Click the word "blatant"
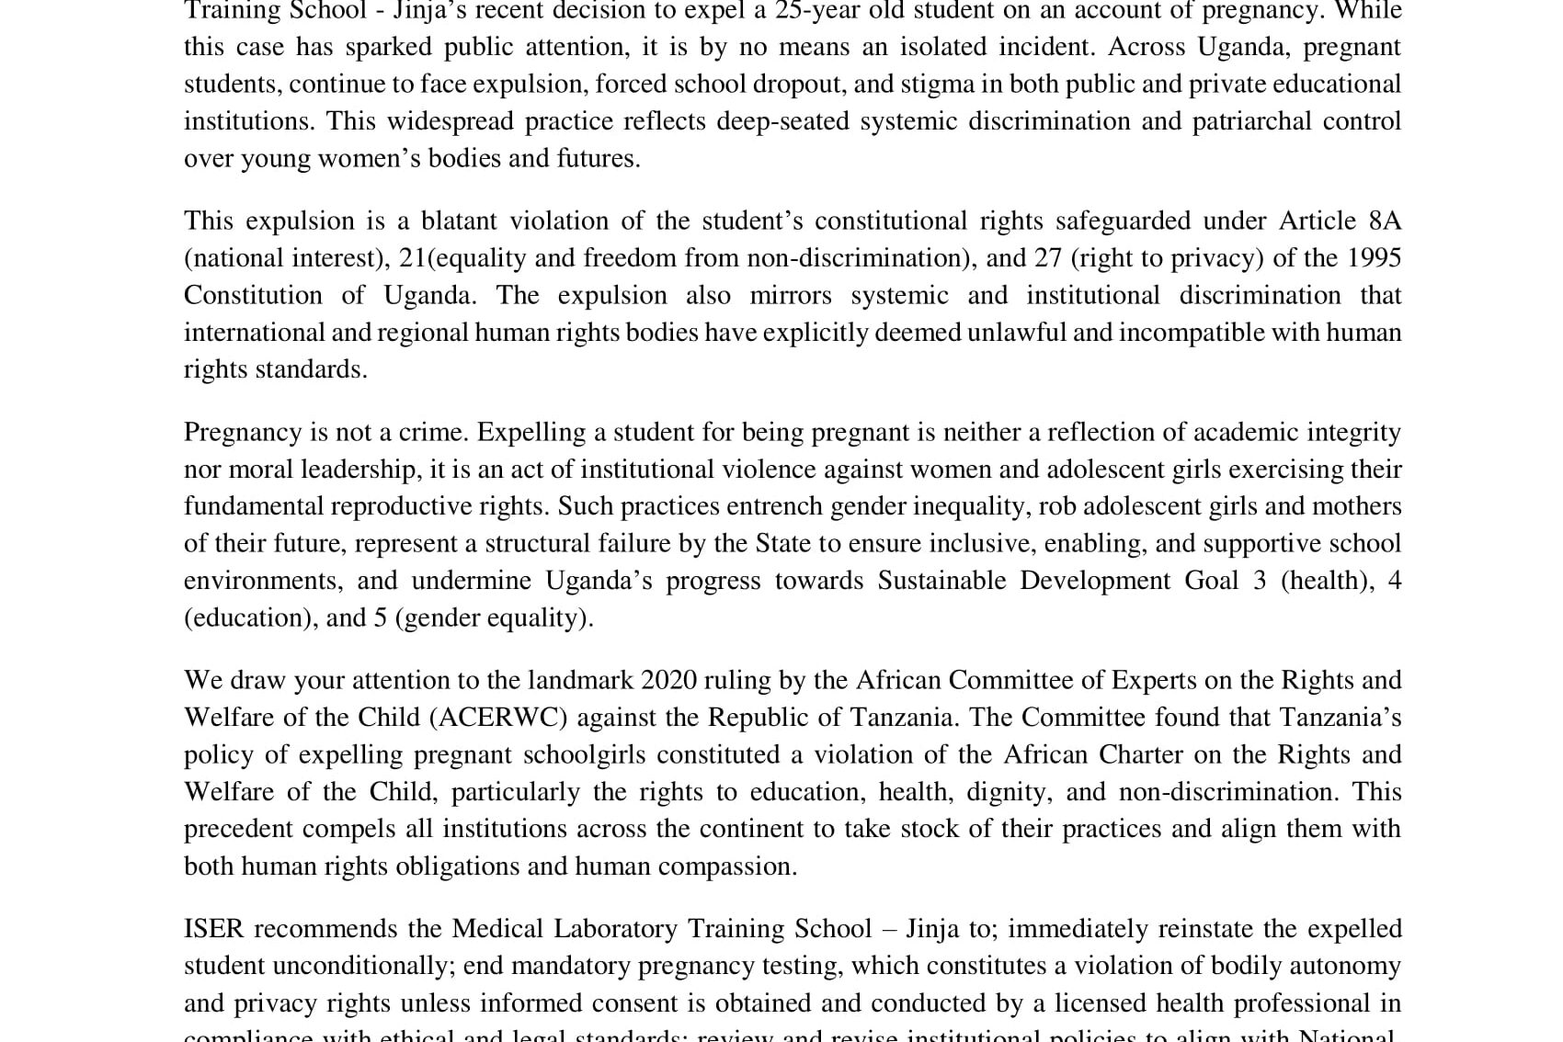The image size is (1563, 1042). [x=454, y=221]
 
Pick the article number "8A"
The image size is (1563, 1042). [x=1385, y=221]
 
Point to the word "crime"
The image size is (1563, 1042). [x=429, y=432]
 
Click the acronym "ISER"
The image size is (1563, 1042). [x=213, y=928]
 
